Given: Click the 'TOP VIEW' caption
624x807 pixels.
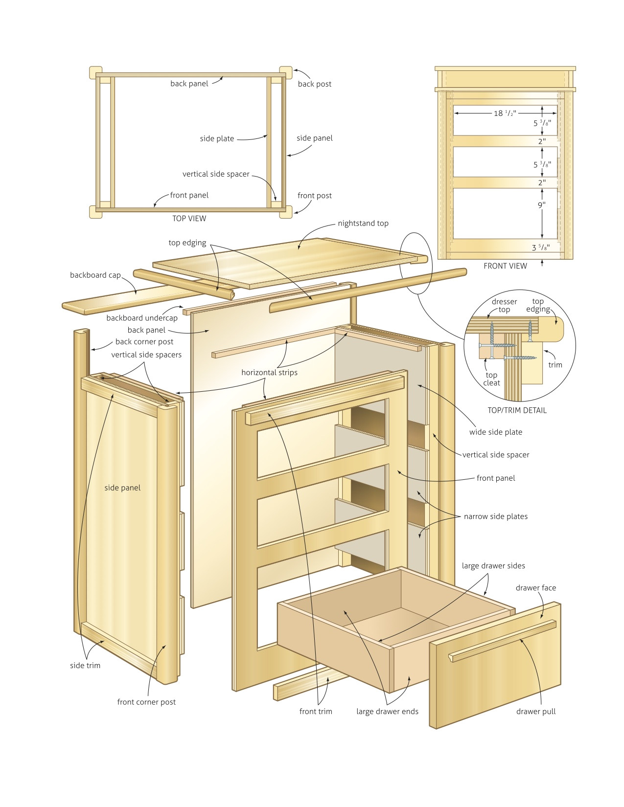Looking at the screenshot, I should pos(189,219).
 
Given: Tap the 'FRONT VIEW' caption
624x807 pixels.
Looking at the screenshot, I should pos(505,266).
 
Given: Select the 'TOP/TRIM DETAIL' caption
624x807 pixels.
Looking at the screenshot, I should pos(517,410).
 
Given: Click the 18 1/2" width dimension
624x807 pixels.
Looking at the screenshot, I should pos(504,113).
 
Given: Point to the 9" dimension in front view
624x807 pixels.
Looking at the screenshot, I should pos(541,205).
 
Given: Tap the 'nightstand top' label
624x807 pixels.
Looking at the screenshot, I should pos(363,224).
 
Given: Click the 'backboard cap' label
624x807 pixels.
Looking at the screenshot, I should pos(95,275).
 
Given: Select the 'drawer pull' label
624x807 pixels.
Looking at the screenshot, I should pos(536,712).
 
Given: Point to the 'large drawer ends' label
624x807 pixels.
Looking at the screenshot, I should pos(387,712).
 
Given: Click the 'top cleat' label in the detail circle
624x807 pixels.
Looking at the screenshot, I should pos(491,379).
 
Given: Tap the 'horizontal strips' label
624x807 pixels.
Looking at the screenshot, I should pos(269,373).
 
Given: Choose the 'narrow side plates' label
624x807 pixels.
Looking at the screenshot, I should pos(495,516).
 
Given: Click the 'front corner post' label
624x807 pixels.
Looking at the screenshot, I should pos(146,702).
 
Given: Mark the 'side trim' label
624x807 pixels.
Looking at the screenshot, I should pos(85,666).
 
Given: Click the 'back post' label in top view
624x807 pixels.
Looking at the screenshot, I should pos(314,84).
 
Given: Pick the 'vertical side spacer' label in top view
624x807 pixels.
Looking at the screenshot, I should pos(216,174).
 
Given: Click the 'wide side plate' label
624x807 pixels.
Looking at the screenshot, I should pos(495,432).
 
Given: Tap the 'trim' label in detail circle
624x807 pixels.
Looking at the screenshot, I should pos(555,365).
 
